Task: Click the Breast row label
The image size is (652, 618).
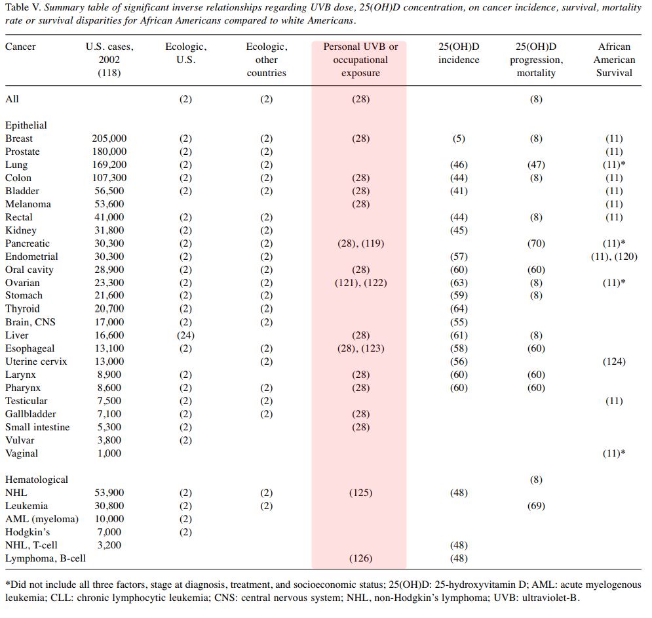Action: click(19, 138)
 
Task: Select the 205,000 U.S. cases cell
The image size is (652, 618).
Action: click(109, 138)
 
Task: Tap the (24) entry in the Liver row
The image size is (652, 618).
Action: click(185, 335)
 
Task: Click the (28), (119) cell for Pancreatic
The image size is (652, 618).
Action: click(360, 243)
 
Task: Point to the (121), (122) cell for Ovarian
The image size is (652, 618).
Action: click(360, 283)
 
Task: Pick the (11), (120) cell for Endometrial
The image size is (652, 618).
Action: click(614, 257)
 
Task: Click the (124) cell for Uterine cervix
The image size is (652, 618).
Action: click(614, 361)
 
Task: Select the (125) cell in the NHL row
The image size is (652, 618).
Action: click(360, 493)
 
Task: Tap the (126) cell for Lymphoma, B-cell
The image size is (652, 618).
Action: click(360, 558)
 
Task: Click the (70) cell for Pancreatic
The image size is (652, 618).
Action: click(536, 243)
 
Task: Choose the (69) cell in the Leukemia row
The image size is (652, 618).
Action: click(536, 506)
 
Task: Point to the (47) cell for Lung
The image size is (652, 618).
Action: click(536, 165)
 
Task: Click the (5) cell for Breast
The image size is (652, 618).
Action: click(459, 138)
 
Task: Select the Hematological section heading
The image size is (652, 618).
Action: click(37, 480)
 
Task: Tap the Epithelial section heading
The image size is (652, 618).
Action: click(26, 125)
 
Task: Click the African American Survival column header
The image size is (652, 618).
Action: click(614, 60)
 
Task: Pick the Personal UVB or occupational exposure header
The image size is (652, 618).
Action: click(360, 60)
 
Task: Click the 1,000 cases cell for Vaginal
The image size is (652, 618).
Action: click(109, 453)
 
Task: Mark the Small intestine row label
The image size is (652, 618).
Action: click(37, 427)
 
